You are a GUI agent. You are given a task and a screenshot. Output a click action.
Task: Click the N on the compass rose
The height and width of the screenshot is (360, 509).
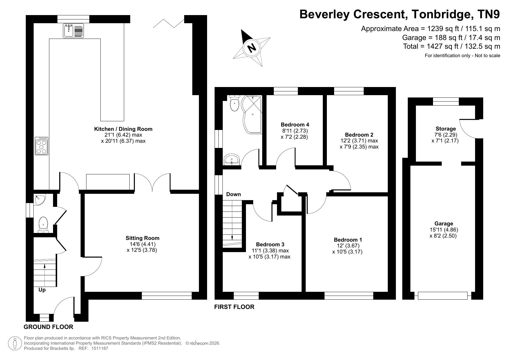pos(252,47)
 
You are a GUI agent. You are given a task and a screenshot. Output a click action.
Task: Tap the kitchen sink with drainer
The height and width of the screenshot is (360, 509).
pos(73,31)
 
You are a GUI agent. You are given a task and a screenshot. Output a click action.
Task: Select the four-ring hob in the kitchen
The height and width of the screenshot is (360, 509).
pos(41,146)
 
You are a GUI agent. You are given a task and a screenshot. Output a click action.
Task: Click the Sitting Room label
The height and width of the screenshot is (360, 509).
pos(142,238)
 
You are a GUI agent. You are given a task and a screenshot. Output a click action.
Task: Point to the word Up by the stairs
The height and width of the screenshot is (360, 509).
pos(42,290)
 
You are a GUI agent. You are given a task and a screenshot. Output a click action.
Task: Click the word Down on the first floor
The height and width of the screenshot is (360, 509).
pos(233,194)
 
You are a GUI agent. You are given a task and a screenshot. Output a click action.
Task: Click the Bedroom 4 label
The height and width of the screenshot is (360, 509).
pos(295,125)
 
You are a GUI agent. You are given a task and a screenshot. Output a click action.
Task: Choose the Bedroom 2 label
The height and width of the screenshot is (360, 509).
pos(359,135)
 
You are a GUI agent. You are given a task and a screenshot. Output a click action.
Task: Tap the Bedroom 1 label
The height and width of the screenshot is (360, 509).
pos(348,240)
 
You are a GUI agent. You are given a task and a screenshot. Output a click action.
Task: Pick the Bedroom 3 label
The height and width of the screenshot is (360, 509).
pos(270,245)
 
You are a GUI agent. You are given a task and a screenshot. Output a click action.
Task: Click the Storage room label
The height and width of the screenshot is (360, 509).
pos(445,129)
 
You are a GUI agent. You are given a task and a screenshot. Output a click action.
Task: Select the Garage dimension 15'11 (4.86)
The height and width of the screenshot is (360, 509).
pos(444,230)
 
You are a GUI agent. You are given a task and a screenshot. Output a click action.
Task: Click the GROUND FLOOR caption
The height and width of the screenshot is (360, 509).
pos(48,327)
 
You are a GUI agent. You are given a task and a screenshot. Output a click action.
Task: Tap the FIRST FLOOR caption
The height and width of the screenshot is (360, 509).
pos(234,307)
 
